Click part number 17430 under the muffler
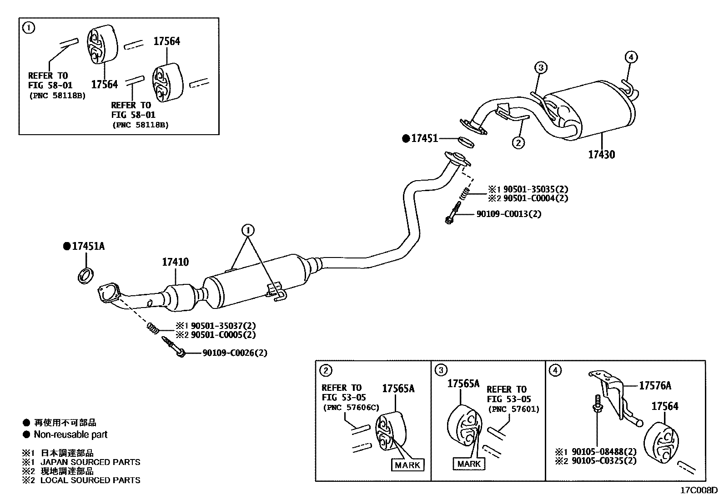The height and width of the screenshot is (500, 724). pos(601,155)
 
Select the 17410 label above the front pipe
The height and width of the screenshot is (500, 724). pos(176,263)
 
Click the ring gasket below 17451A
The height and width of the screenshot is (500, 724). pos(86,276)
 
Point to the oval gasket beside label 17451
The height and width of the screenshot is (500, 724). pos(465,142)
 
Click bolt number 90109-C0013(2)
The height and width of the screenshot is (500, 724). pos(509,214)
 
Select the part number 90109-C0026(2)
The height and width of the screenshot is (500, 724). pos(235,353)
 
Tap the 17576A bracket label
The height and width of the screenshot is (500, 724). pos(655,386)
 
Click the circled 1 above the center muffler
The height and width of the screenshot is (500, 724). pos(248,231)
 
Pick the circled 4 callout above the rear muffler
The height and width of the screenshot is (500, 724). pos(631,57)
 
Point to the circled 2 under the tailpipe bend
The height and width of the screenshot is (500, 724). pos(518,143)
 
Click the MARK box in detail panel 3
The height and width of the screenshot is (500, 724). pos(468,464)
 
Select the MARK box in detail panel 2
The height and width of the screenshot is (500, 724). pos(407,465)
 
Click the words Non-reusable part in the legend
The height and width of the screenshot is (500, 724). pos(70,434)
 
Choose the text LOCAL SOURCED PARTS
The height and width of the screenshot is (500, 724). pos(90,480)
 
